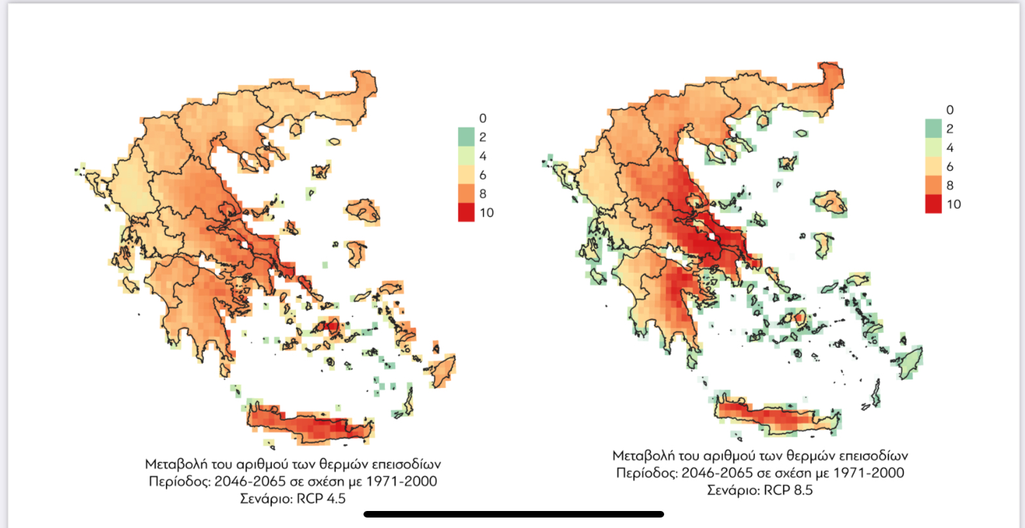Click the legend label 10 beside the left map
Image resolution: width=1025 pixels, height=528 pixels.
[x=486, y=213]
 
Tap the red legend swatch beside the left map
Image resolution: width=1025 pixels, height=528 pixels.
[x=465, y=213]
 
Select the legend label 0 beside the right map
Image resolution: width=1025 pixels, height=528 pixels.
[x=950, y=110]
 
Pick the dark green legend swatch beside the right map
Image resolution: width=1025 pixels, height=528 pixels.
[x=933, y=128]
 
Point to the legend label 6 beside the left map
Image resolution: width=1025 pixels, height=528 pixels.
[x=483, y=175]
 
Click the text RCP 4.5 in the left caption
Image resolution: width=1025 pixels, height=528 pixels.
[x=321, y=499]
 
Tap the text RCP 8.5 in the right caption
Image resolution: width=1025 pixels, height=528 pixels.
[x=788, y=490]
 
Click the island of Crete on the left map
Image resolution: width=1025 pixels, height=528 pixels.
[x=314, y=424]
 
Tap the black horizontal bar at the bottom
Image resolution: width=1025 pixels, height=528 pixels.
[x=513, y=514]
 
